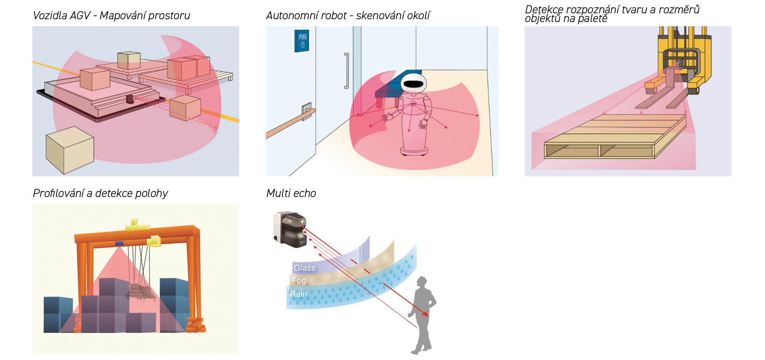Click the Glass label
click(304, 268)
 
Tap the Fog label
click(299, 281)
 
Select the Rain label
click(298, 294)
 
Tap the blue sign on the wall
click(301, 41)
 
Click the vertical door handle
click(346, 71)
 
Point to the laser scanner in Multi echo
click(290, 229)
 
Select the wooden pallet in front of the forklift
click(615, 136)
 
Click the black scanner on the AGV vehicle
click(130, 99)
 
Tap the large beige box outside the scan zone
click(70, 150)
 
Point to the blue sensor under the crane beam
click(120, 243)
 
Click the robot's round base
click(414, 151)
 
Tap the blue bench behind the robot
click(388, 89)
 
